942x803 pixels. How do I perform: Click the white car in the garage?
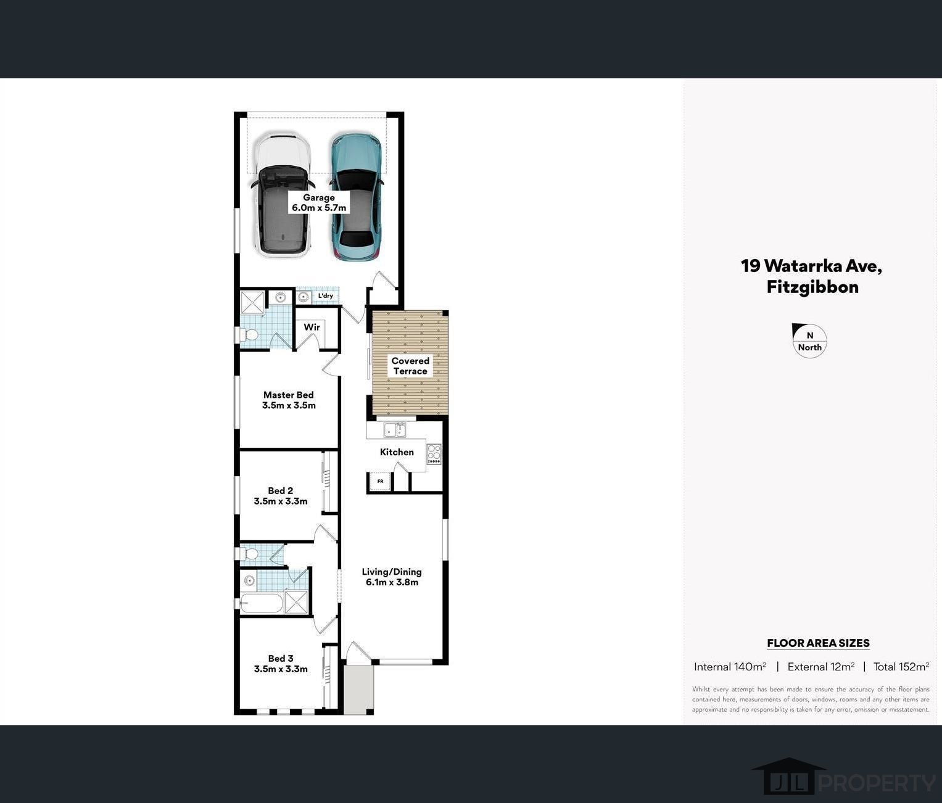click(283, 195)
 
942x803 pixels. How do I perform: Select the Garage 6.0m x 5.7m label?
click(319, 203)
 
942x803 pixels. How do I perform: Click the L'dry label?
click(325, 296)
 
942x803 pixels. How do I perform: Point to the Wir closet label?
click(312, 327)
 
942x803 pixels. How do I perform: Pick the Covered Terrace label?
click(410, 366)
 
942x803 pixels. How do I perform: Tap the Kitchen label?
click(397, 452)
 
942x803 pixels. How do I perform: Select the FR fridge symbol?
click(380, 481)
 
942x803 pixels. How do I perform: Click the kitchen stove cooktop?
click(434, 454)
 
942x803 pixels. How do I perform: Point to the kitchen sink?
click(395, 430)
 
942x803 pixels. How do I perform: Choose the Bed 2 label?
click(280, 496)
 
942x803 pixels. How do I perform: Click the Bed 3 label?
click(281, 664)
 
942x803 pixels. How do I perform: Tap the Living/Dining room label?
click(392, 577)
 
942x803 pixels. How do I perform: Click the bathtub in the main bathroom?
click(262, 603)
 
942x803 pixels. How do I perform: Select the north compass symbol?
click(809, 341)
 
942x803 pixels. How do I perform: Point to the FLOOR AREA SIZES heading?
click(818, 643)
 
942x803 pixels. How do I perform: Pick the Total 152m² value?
click(901, 667)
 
